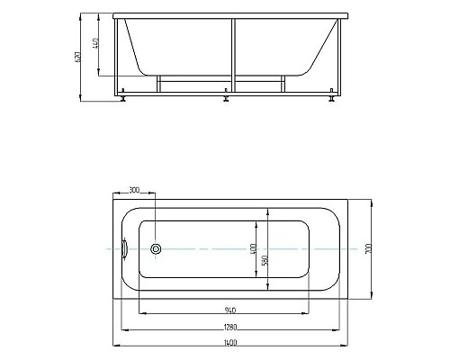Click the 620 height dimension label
[82, 57]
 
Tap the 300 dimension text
[135, 190]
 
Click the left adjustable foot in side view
[122, 99]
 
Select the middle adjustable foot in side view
[225, 99]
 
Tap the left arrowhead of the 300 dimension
[116, 194]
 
